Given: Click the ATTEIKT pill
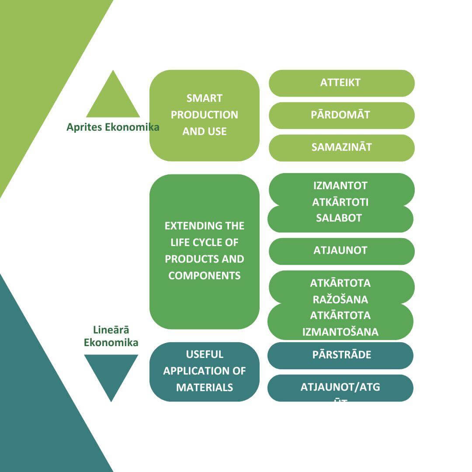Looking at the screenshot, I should (x=341, y=83).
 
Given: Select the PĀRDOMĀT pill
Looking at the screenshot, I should (x=341, y=115).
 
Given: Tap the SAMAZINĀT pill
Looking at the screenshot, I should (x=341, y=148).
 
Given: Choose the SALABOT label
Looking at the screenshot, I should (x=339, y=218).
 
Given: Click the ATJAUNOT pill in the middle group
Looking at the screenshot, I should (x=341, y=251).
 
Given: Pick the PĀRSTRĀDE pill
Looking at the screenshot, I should (x=341, y=355).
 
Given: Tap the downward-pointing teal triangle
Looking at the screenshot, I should (x=111, y=374).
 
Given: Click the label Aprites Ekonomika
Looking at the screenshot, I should (x=113, y=127).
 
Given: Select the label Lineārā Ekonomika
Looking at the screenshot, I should (x=111, y=337).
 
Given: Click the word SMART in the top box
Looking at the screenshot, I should (x=205, y=98).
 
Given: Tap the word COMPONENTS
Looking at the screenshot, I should (x=205, y=276).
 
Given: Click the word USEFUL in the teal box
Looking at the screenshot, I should (x=205, y=354).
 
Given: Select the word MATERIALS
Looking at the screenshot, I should (x=205, y=388).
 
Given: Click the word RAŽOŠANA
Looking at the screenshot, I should (x=340, y=300).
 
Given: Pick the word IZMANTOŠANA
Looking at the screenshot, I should (x=340, y=332).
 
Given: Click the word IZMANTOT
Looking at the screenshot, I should (x=340, y=186).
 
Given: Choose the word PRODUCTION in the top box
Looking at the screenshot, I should (x=205, y=115).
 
